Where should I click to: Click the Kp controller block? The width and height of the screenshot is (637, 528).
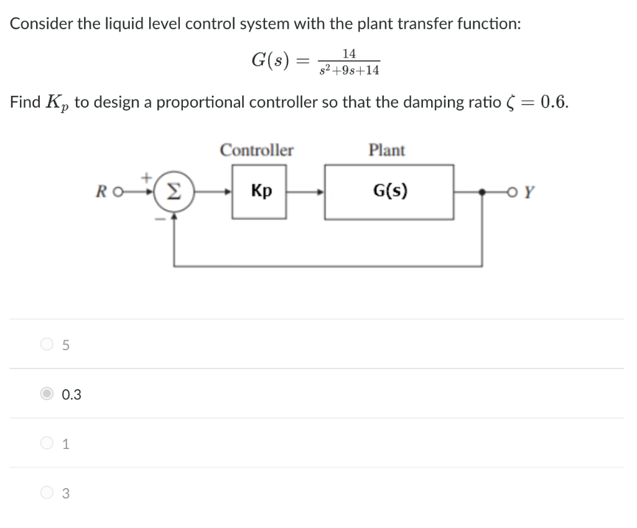pyautogui.click(x=259, y=191)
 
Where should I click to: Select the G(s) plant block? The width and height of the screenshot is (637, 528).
pyautogui.click(x=389, y=191)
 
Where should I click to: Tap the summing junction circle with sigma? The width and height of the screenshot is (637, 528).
pyautogui.click(x=177, y=192)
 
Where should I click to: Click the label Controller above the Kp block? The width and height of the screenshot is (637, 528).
pyautogui.click(x=257, y=151)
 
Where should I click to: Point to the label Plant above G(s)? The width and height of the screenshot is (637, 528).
pyautogui.click(x=386, y=151)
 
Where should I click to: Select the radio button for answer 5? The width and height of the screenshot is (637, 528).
pyautogui.click(x=47, y=344)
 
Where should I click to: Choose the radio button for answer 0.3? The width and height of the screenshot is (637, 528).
pyautogui.click(x=47, y=394)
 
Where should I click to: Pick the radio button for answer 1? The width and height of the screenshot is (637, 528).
pyautogui.click(x=47, y=443)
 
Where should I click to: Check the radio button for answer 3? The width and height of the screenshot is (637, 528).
pyautogui.click(x=47, y=493)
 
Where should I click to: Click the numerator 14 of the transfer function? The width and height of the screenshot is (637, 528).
pyautogui.click(x=349, y=55)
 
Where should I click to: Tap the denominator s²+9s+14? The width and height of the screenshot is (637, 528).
pyautogui.click(x=350, y=70)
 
